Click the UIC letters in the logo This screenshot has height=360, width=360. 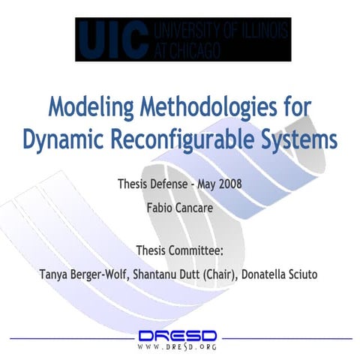point(112,39)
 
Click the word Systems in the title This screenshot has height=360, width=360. point(298,139)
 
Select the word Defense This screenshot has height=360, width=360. point(165,184)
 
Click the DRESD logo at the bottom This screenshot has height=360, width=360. point(178,334)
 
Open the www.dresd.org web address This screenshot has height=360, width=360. point(178,348)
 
